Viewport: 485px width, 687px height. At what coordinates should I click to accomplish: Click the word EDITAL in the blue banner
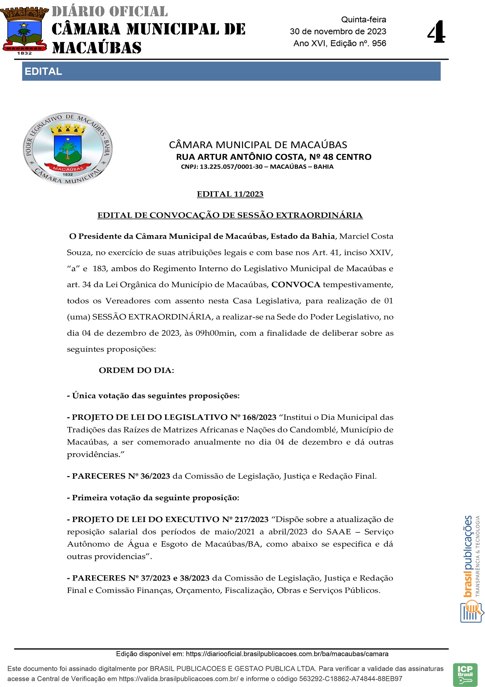[x=43, y=71]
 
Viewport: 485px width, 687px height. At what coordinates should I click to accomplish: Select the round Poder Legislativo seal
[x=68, y=149]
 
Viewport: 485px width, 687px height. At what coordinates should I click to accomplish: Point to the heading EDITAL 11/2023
[x=230, y=194]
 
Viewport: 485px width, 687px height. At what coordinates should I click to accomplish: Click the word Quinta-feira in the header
[x=363, y=20]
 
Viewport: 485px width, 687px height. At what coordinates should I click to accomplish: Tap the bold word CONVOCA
[x=296, y=285]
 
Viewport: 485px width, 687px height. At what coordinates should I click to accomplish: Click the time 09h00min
[x=215, y=333]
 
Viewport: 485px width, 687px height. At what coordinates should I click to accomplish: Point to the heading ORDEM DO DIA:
[x=136, y=370]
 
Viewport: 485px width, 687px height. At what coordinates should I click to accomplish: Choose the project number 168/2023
[x=259, y=417]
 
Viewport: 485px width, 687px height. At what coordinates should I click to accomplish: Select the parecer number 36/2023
[x=155, y=476]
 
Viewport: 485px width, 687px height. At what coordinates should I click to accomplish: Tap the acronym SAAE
[x=339, y=532]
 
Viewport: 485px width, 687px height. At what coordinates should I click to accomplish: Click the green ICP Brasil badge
[x=465, y=675]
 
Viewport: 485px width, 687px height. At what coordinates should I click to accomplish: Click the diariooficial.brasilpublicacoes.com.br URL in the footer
[x=287, y=654]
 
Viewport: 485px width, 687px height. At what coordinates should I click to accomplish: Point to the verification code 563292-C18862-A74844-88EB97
[x=350, y=679]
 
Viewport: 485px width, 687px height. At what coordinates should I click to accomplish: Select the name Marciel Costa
[x=366, y=236]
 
